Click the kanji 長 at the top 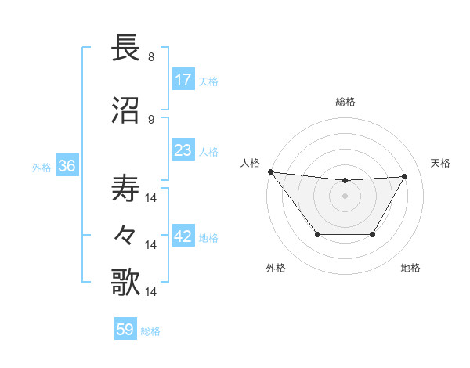126,49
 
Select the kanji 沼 126,110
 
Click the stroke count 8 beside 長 151,57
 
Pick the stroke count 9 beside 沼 151,119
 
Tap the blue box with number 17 183,80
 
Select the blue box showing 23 183,150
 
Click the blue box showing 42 183,237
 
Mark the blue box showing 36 67,166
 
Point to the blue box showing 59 125,330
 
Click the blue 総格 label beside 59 150,331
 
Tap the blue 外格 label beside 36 42,167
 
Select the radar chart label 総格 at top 345,102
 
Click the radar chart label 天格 440,163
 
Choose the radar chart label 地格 410,269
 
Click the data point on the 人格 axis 270,171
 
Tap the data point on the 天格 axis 405,176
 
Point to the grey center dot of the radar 345,196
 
